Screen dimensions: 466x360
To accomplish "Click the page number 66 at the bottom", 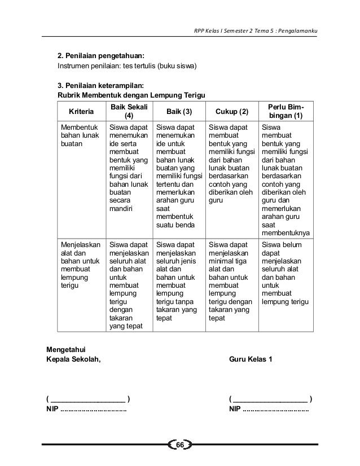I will pos(180,446).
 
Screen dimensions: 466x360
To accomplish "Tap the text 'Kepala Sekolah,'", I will pos(74,359).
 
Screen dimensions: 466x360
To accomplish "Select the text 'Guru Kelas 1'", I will pos(251,359).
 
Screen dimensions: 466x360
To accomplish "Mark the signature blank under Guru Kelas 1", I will pos(271,400).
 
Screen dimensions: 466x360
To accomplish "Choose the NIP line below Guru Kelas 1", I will pos(269,409).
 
